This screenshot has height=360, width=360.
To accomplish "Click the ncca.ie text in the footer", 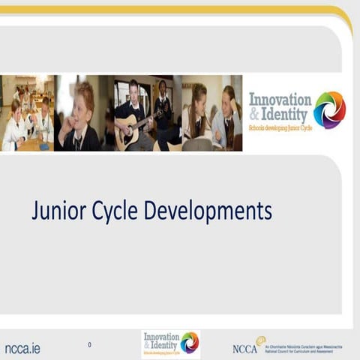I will [22, 348].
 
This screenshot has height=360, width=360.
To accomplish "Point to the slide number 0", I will [89, 345].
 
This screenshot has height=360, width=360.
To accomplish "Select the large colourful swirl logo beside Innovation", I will [329, 109].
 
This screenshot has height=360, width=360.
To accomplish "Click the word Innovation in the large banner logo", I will [280, 99].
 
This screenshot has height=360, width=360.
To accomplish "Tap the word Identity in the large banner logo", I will [287, 115].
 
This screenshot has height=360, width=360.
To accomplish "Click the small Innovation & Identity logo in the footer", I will [170, 344].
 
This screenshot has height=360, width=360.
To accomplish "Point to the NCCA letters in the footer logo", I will [244, 349].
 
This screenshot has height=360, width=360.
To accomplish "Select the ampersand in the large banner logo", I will [254, 115].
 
